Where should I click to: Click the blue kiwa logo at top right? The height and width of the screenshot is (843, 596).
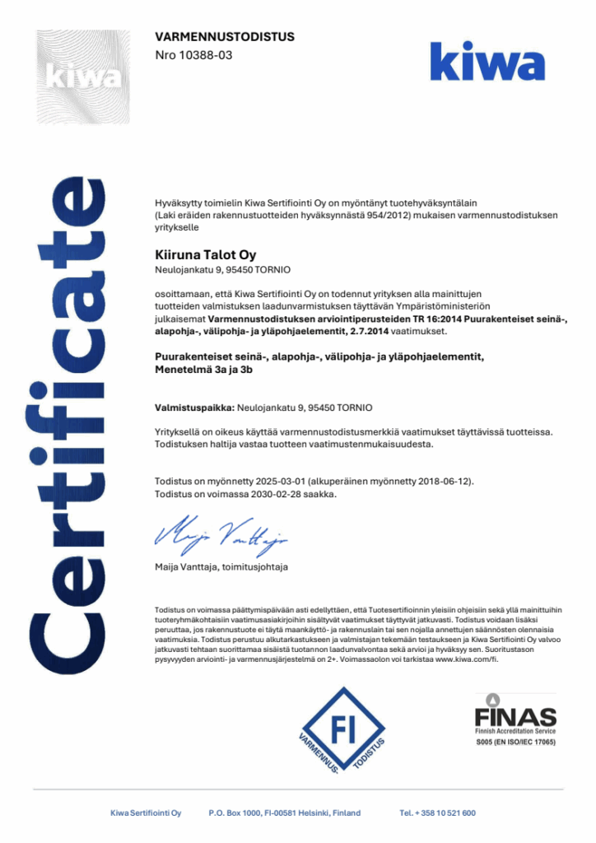[487, 63]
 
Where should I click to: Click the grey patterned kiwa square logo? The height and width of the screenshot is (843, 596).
[82, 77]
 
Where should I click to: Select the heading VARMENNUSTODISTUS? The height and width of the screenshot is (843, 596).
[225, 37]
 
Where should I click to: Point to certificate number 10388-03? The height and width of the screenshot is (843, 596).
[198, 54]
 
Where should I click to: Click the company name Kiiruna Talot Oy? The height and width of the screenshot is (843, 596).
[206, 254]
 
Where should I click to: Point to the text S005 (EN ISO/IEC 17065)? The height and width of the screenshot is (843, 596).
[515, 743]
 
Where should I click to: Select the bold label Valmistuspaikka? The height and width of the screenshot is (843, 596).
[195, 408]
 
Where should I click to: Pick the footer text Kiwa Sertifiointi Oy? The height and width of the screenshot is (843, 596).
[146, 813]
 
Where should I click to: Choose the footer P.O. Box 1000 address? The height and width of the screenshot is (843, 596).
[285, 813]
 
